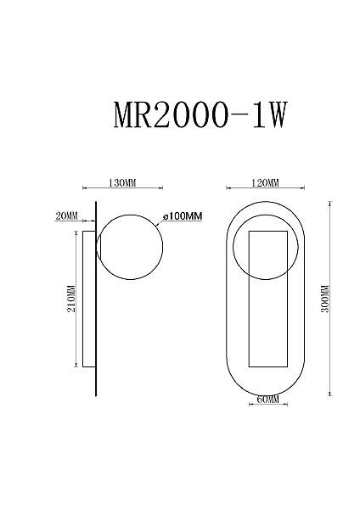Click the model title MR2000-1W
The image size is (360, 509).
pyautogui.click(x=200, y=115)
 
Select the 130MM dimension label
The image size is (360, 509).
pyautogui.click(x=122, y=182)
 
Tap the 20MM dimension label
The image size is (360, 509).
pyautogui.click(x=66, y=215)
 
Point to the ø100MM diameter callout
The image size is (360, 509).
pyautogui.click(x=183, y=215)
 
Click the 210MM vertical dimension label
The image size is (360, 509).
pyautogui.click(x=71, y=299)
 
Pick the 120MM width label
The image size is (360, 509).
pyautogui.click(x=265, y=182)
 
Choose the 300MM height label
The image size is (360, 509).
pyautogui.click(x=325, y=299)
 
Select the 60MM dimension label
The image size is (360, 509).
pyautogui.click(x=268, y=399)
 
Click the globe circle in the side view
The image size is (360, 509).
pyautogui.click(x=162, y=248)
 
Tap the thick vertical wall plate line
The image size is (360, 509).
pyautogui.click(x=96, y=299)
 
